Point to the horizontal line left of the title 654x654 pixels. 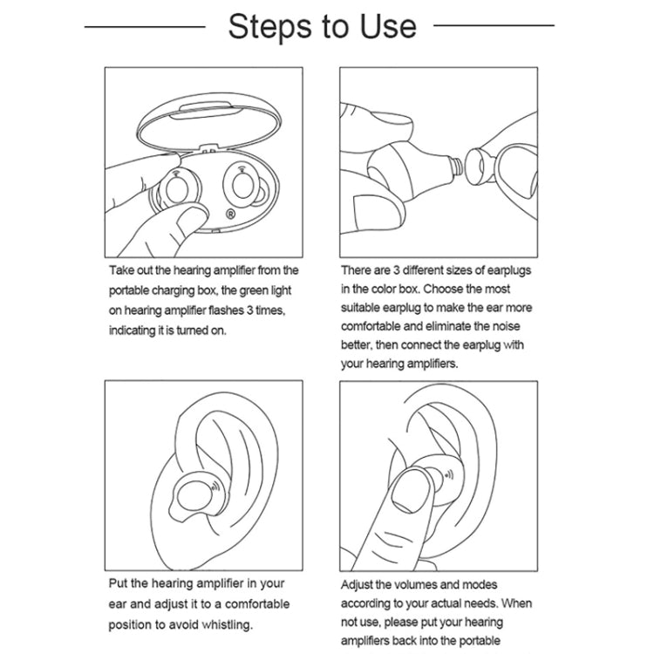point(144,26)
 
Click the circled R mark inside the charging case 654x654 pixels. point(229,213)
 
